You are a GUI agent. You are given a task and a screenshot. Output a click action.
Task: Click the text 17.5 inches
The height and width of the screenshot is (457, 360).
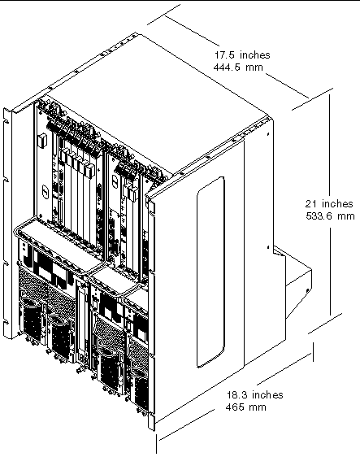click(242, 54)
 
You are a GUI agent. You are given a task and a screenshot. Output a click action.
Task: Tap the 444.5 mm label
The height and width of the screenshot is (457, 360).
click(238, 67)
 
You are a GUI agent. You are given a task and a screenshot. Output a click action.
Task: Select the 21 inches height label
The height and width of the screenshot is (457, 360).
click(329, 203)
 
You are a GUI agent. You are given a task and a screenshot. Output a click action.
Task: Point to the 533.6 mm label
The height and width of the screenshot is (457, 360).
click(330, 216)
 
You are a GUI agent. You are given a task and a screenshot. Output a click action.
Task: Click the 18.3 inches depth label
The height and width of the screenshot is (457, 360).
click(255, 394)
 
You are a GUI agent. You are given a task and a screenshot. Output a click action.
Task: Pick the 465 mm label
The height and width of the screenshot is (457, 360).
click(246, 407)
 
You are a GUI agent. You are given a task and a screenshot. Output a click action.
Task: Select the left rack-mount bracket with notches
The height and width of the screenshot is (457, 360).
click(7, 223)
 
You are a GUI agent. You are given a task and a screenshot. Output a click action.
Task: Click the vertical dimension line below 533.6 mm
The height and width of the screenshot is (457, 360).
click(330, 272)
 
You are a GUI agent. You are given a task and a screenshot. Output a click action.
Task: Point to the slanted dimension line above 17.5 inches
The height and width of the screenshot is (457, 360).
click(192, 31)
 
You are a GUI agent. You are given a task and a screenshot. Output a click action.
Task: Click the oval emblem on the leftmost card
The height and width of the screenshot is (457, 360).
click(46, 190)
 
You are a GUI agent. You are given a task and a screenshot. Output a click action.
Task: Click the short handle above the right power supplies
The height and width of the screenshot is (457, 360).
click(117, 280)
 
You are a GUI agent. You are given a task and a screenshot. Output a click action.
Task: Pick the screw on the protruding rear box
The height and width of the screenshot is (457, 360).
click(308, 290)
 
